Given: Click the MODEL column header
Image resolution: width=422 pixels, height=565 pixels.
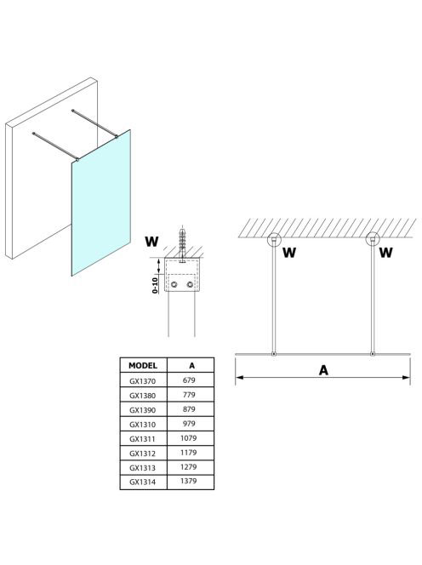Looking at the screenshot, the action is pos(143,365).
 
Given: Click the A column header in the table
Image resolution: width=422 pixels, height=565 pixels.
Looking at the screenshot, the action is pos(191,365).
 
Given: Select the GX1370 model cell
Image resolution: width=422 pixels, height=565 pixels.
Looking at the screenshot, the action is pos(143,381).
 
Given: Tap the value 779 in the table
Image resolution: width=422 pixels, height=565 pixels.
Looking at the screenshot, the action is pos(189,395).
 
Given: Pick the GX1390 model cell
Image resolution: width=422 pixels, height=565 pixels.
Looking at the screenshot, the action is pos(143,409).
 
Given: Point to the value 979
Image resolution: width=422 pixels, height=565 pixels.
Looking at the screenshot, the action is pos(189,424).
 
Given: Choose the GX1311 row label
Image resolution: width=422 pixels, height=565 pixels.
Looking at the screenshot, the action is pos(143,439).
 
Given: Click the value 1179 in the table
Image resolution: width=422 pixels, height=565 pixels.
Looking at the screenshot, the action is pos(189,453).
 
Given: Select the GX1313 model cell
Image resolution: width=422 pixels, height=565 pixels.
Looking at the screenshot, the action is pos(143,468).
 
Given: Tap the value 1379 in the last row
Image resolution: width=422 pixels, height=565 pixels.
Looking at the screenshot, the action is pos(189,481).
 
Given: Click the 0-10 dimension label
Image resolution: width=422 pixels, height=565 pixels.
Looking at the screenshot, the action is pos(155,285).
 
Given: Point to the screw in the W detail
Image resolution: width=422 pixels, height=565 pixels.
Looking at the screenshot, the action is pos(182,243).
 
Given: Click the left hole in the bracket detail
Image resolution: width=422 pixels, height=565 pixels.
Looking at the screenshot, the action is pos(174,285).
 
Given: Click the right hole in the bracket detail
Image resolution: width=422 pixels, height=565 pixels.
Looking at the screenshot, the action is pos(190,285).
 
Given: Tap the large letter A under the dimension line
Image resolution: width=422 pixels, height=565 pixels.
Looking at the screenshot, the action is pos(323,370).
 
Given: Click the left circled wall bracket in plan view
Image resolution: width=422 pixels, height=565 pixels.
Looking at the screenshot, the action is pos(274,239).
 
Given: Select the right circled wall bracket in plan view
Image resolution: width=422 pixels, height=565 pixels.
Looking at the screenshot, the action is pos(373,239).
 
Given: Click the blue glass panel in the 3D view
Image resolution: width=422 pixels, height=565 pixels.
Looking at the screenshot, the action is pos(101,203).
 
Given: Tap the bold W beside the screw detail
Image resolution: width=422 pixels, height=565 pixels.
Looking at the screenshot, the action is pos(151,242).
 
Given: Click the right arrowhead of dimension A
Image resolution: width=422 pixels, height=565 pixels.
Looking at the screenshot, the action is pos(406,378).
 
